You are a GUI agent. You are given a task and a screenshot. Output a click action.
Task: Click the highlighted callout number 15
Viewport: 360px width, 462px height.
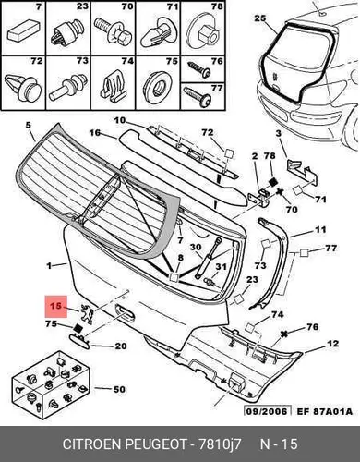tap(55, 306)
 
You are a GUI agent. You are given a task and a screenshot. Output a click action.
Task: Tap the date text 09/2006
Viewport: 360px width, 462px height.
tap(267, 411)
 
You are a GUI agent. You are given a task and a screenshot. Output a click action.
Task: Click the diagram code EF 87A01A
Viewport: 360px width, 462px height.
tap(324, 411)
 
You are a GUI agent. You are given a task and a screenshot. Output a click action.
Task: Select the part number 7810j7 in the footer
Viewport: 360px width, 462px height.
tap(220, 444)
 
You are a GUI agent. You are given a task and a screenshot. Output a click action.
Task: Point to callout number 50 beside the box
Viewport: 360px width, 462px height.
tap(119, 389)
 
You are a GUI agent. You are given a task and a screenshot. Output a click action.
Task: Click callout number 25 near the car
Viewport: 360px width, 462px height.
tap(259, 18)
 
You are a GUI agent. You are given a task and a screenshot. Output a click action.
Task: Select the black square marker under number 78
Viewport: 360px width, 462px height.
tap(272, 182)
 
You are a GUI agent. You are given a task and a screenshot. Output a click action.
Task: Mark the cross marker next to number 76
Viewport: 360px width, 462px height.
tap(284, 334)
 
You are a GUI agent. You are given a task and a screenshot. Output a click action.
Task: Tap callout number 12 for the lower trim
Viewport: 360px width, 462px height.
tap(333, 344)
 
